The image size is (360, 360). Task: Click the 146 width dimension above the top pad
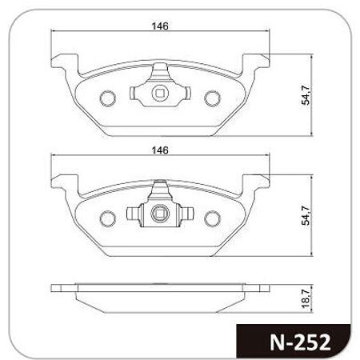(x=160, y=26)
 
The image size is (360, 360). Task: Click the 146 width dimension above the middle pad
(x=160, y=150)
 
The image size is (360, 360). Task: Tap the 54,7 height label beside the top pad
(x=306, y=95)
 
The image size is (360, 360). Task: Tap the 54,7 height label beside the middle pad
(x=306, y=216)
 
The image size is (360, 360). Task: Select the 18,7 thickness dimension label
(x=306, y=299)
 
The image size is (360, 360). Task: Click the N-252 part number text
(x=300, y=342)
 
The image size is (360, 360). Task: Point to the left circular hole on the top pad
(x=108, y=98)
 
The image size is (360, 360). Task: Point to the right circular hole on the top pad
(x=213, y=98)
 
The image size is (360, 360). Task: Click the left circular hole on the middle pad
(x=108, y=218)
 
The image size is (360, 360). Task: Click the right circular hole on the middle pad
(x=213, y=218)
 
